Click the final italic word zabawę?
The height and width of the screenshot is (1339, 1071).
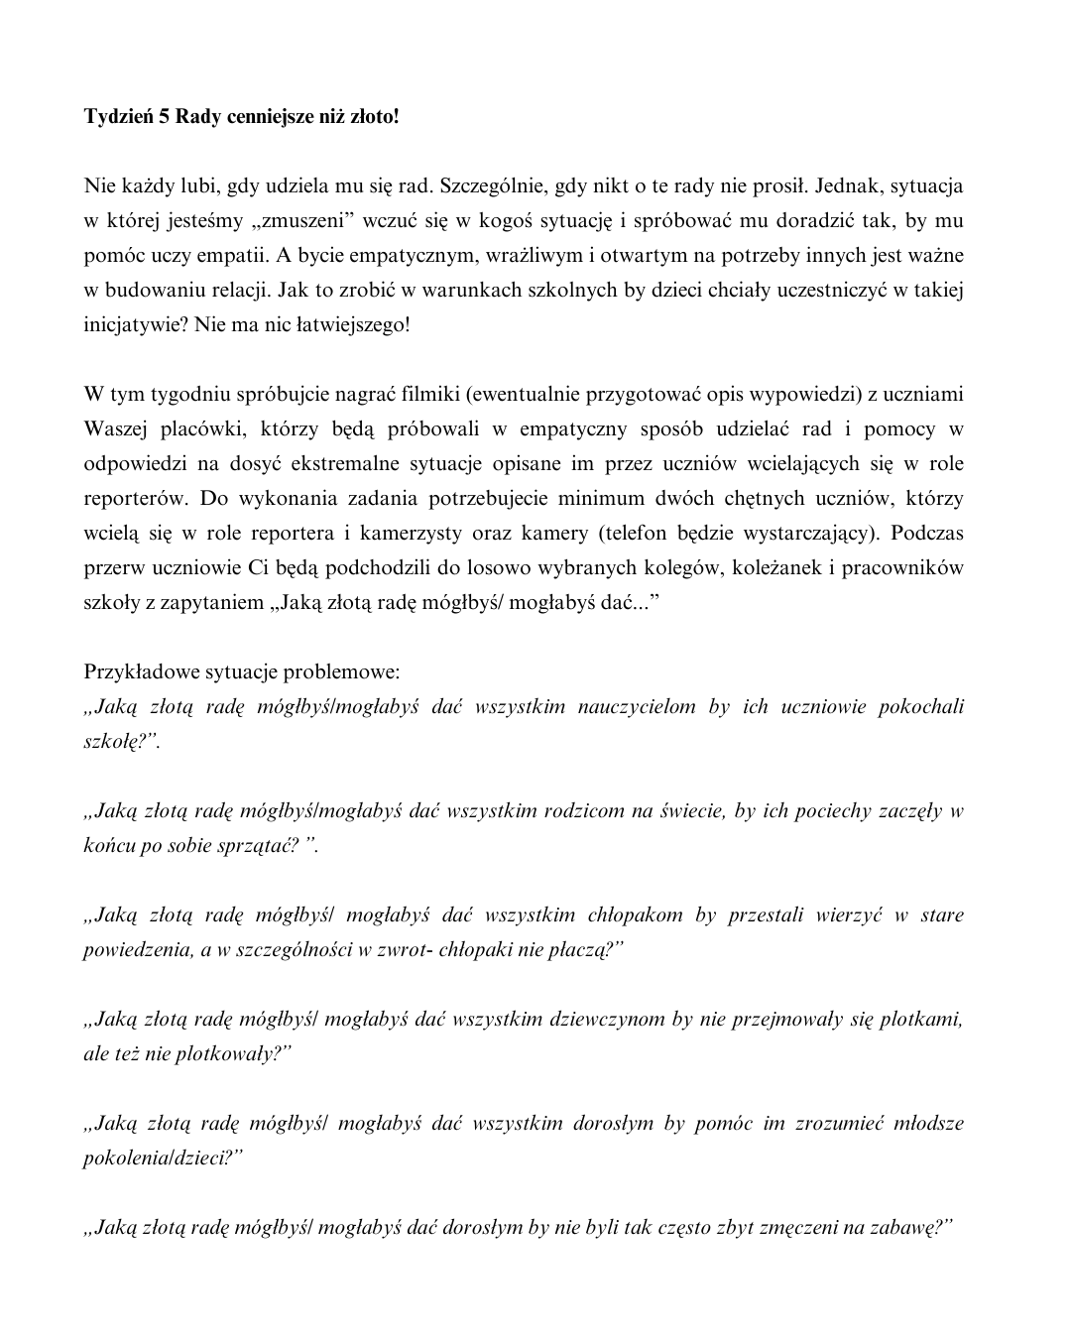click(911, 1227)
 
